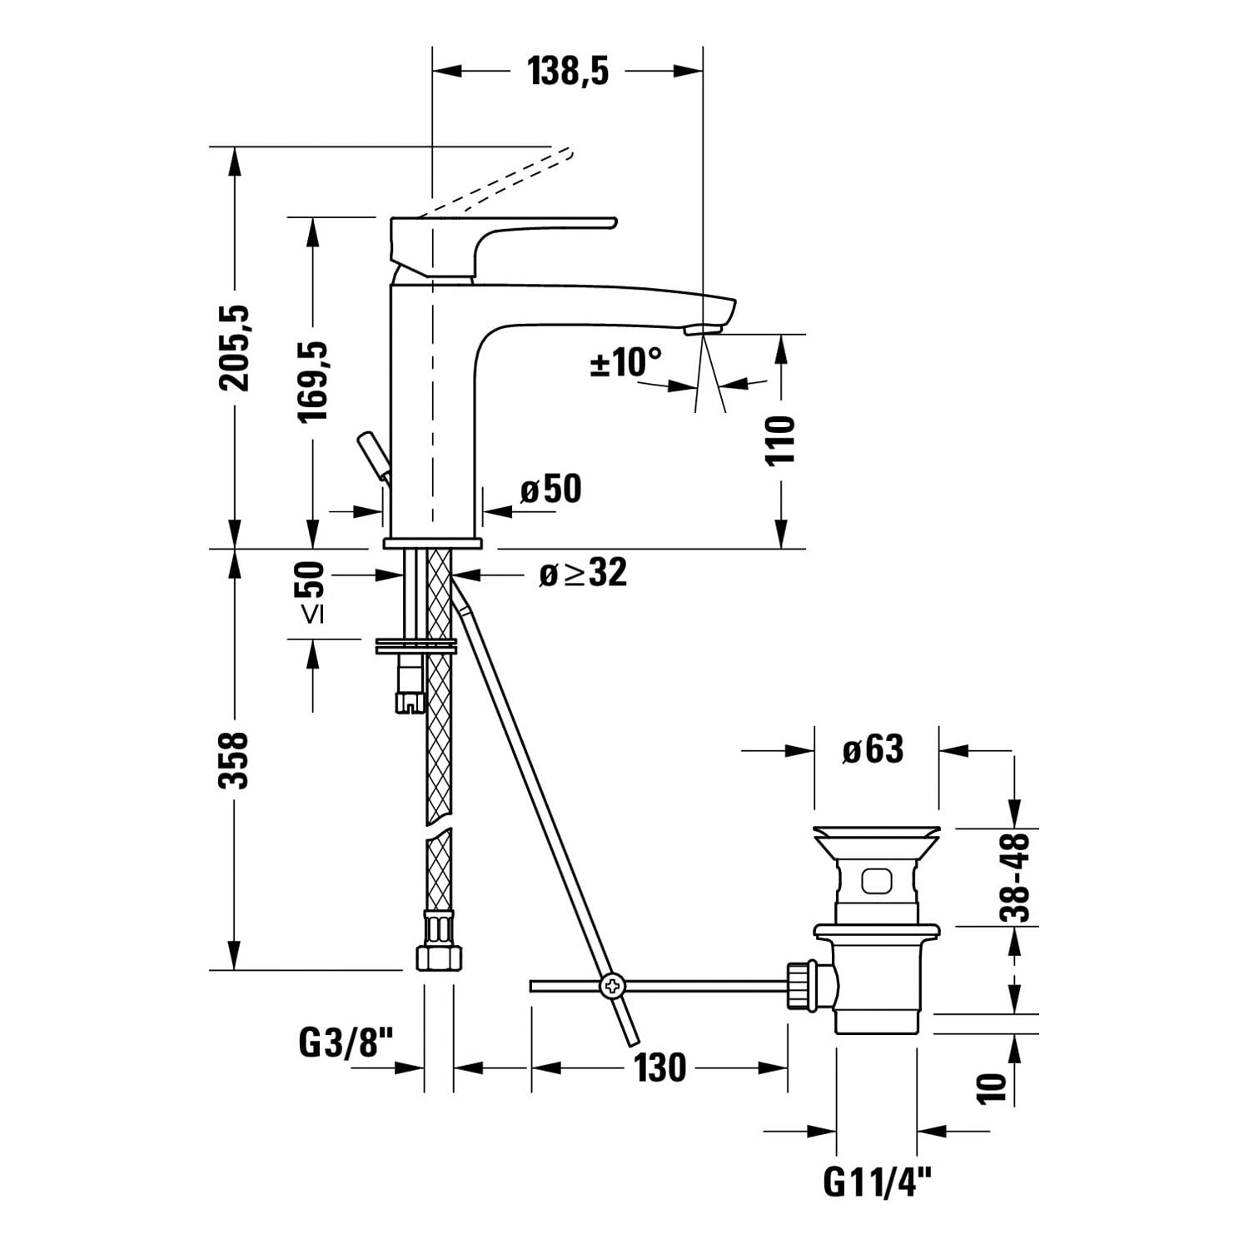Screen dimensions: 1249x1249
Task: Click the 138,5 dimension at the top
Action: (568, 72)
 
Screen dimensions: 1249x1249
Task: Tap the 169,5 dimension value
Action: (313, 381)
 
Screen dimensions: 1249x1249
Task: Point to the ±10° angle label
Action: (626, 362)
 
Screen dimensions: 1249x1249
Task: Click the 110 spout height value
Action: (780, 440)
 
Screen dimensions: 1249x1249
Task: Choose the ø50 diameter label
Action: (551, 489)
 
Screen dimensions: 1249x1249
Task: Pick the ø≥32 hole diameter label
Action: (583, 573)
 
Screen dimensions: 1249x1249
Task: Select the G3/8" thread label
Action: (345, 1042)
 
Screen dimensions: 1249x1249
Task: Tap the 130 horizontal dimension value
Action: (660, 1067)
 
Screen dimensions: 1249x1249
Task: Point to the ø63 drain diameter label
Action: (873, 749)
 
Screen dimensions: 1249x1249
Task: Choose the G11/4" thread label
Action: (877, 1182)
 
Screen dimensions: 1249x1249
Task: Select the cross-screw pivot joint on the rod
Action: (612, 986)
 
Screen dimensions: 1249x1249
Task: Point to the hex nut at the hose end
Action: (438, 955)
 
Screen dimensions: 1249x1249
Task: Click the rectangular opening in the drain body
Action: (878, 880)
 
